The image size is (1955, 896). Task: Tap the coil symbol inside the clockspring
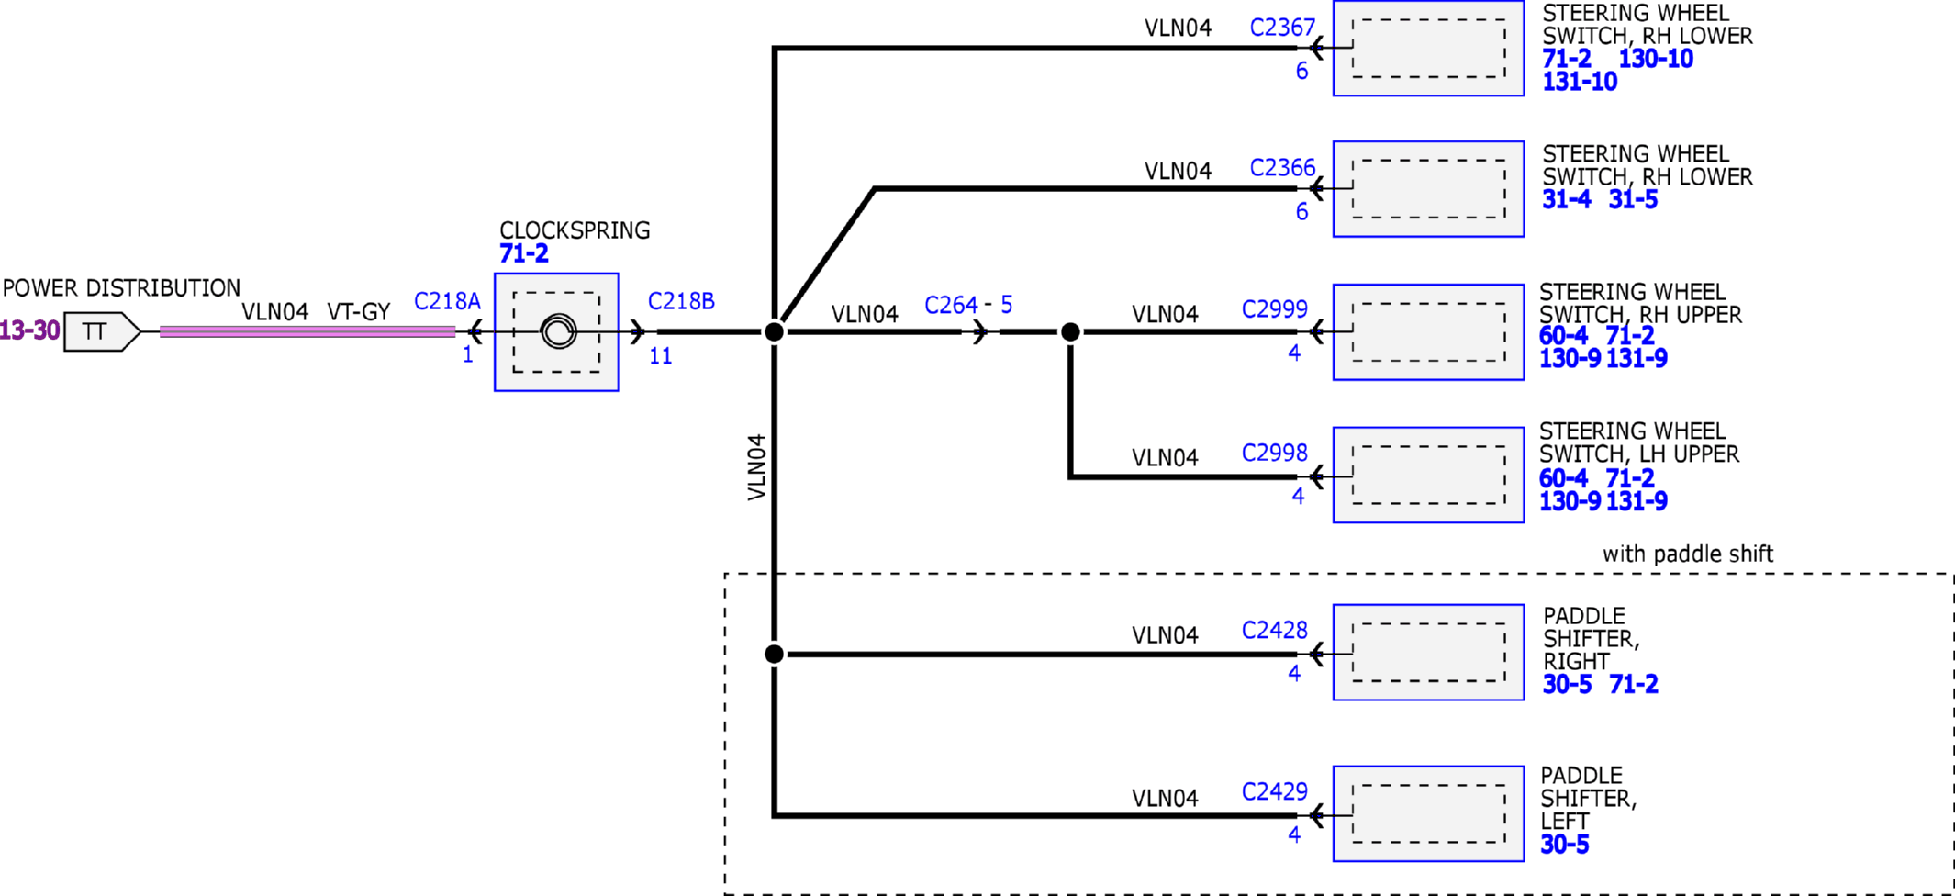[558, 331]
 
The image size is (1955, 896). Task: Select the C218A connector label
[447, 301]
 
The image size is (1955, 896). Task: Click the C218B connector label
[681, 301]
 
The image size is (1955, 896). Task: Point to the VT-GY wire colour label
[359, 312]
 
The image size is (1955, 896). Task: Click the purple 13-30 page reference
[29, 330]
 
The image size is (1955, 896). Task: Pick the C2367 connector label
[1282, 28]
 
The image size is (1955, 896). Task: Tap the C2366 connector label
[1282, 168]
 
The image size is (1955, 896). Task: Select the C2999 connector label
[1275, 308]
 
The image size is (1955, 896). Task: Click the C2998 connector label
[1275, 453]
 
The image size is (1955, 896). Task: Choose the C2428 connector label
[1275, 630]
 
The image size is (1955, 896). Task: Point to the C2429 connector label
[1275, 791]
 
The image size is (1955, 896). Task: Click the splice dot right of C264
[1070, 331]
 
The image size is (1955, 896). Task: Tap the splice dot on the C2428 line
[775, 654]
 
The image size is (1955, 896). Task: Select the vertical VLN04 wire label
[756, 467]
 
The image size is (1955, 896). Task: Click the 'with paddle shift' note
[1688, 554]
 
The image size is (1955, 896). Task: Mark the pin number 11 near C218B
[661, 356]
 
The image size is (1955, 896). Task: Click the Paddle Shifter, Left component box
[1428, 813]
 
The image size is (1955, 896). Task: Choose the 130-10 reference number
[1656, 59]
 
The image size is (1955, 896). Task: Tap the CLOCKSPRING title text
[575, 230]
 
